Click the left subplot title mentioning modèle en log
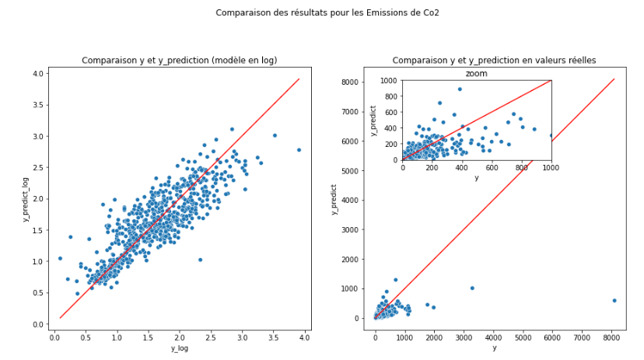coord(180,61)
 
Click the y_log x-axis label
coord(180,348)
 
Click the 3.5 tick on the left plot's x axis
coord(274,337)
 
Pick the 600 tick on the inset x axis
coord(492,167)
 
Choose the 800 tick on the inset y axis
coord(387,96)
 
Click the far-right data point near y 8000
coord(614,300)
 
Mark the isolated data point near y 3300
coord(472,288)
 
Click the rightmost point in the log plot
coord(299,150)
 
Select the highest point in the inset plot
coord(459,89)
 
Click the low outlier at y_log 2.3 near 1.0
coord(200,260)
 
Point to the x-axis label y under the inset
coord(477,177)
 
